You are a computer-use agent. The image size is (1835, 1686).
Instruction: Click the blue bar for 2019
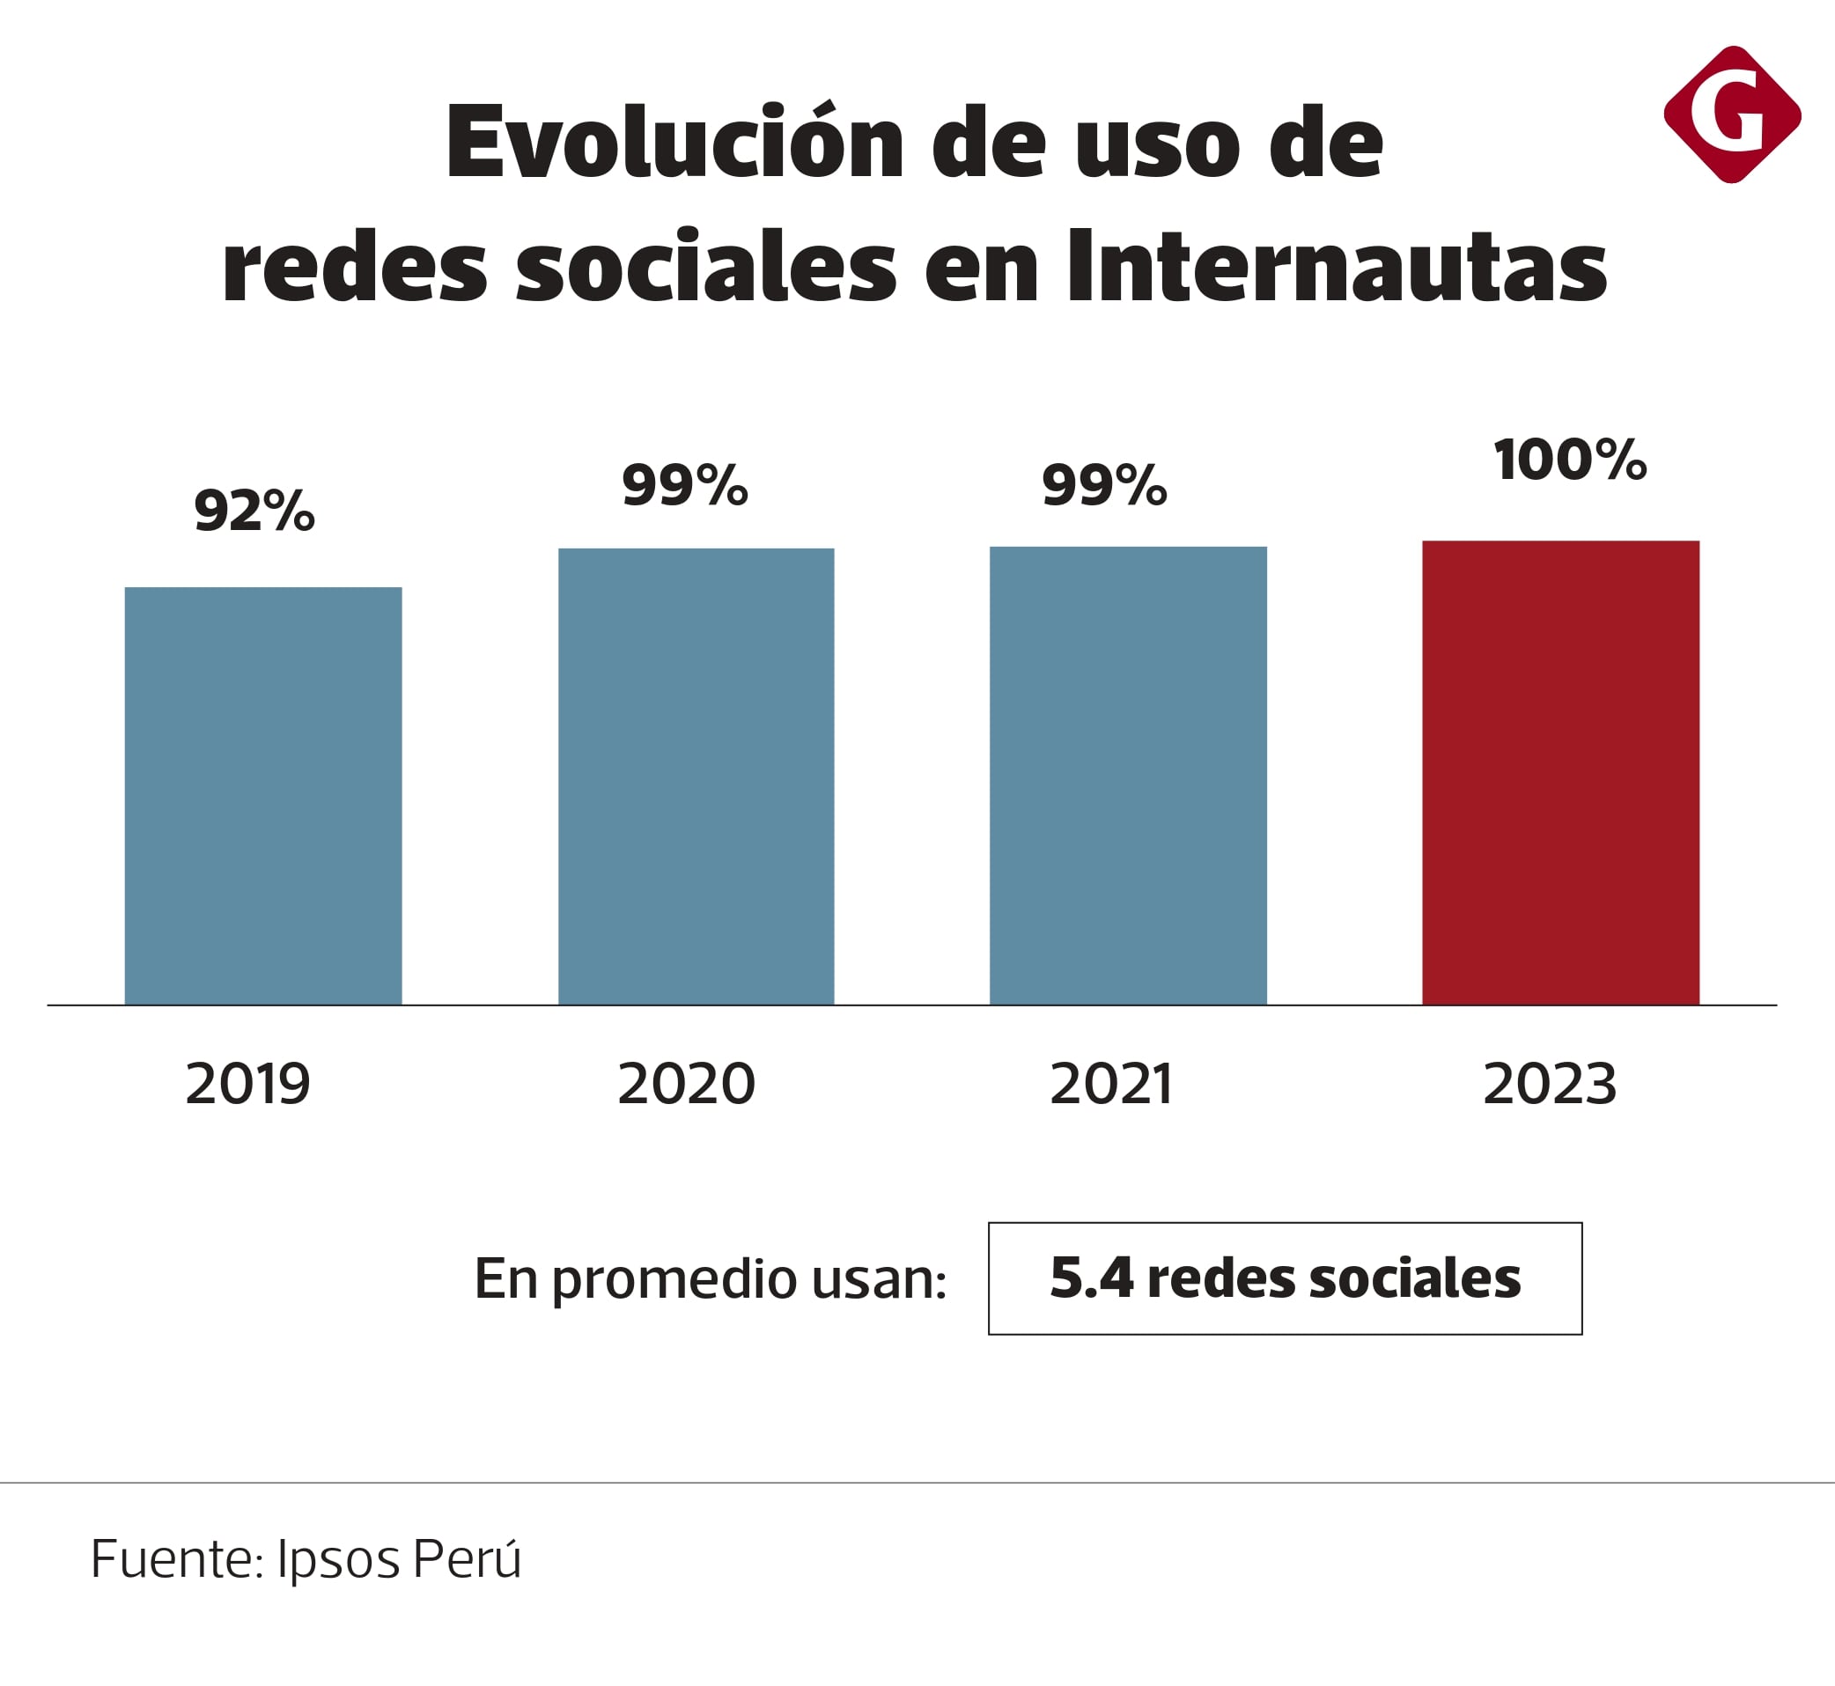pos(262,796)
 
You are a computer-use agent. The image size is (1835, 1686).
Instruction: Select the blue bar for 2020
pos(696,777)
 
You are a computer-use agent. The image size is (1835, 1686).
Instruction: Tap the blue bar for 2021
pos(1128,776)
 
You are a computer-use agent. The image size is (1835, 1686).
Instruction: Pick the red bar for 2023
pos(1560,773)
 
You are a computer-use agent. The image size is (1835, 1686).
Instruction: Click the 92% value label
pos(254,510)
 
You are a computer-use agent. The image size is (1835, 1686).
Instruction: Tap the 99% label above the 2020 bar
pos(684,484)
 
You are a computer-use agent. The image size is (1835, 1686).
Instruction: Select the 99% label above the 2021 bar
pos(1104,484)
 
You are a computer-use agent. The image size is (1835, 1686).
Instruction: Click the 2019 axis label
pos(248,1084)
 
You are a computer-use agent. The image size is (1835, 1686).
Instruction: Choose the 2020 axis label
pos(686,1084)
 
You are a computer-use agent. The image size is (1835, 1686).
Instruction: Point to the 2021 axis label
pos(1110,1084)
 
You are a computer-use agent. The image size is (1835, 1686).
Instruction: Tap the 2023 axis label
pos(1550,1084)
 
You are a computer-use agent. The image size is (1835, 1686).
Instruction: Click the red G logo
pos(1732,114)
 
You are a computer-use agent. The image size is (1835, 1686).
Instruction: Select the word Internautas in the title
pos(1337,267)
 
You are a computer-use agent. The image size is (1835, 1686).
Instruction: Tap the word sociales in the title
pos(707,267)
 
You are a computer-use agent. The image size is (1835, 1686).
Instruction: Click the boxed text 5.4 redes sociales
pos(1285,1278)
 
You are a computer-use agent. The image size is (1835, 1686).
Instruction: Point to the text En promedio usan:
pos(710,1279)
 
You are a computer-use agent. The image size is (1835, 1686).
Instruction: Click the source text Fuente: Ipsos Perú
pos(306,1558)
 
